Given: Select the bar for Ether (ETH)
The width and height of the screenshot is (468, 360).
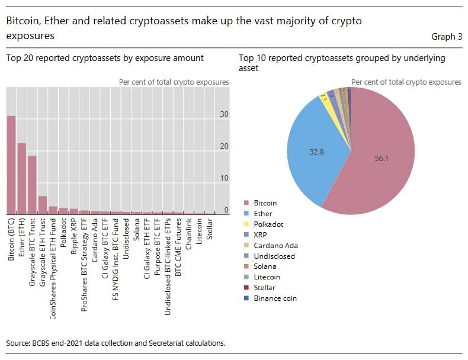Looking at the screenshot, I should pyautogui.click(x=22, y=178).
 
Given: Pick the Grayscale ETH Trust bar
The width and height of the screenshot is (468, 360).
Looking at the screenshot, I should pyautogui.click(x=43, y=205).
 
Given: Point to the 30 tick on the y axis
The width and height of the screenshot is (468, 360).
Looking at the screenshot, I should pyautogui.click(x=225, y=114).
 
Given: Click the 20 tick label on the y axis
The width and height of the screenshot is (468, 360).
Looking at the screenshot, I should pyautogui.click(x=225, y=146).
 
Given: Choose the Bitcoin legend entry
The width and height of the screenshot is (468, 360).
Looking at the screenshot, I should pyautogui.click(x=265, y=203).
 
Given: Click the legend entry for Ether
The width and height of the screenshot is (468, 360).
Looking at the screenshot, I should pyautogui.click(x=262, y=214).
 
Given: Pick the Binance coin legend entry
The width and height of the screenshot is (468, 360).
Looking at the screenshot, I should pyautogui.click(x=275, y=298).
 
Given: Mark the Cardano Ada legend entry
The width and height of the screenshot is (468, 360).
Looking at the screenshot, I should pyautogui.click(x=275, y=246).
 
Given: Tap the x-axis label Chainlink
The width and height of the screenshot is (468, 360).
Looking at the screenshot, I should pyautogui.click(x=189, y=239).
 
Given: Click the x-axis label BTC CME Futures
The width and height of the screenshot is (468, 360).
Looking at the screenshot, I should pyautogui.click(x=178, y=249).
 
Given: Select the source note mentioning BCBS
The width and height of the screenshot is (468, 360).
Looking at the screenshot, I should pyautogui.click(x=116, y=343).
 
